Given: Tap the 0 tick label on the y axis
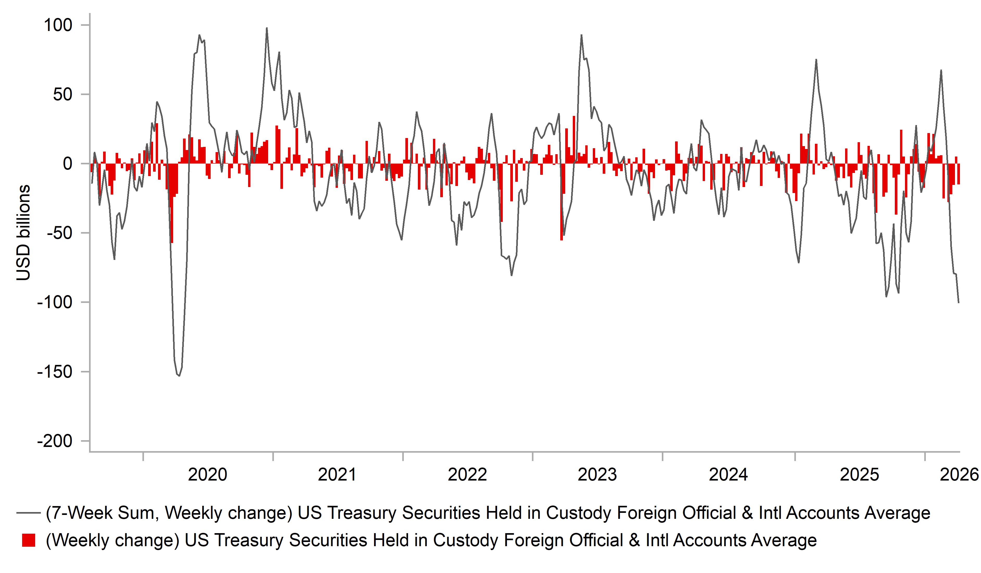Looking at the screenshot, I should (68, 164).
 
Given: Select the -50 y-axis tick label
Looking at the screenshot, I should (60, 233).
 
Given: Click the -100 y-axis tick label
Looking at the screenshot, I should (55, 302).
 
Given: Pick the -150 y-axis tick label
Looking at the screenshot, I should (55, 372).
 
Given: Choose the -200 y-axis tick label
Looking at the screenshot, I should (55, 441).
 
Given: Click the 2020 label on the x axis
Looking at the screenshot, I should (207, 475).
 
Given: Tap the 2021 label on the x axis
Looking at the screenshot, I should (337, 475).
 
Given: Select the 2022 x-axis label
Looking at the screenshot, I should (467, 475).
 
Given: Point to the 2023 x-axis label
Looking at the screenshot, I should (597, 475).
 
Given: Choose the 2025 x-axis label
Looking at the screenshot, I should (859, 475).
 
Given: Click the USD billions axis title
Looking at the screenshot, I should (23, 233).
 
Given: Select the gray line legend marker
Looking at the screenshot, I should (28, 513).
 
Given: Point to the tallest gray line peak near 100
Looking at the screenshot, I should (267, 28).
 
